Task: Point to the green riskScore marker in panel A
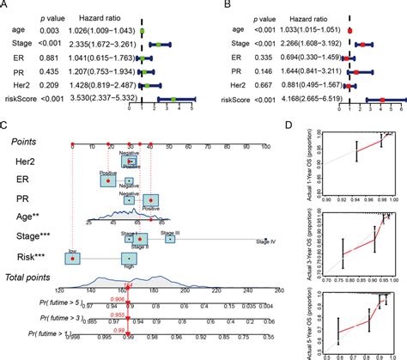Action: [x=173, y=100]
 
